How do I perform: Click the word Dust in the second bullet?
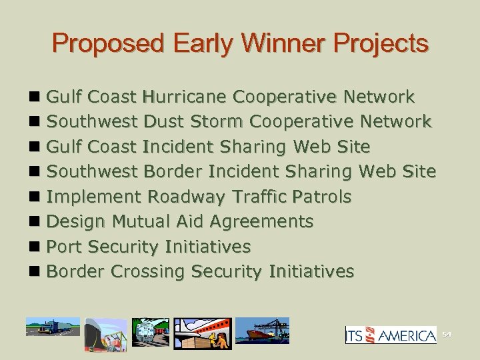(165, 122)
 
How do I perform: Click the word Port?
(64, 246)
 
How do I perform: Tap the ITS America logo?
(391, 335)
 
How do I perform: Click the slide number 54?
(446, 335)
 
